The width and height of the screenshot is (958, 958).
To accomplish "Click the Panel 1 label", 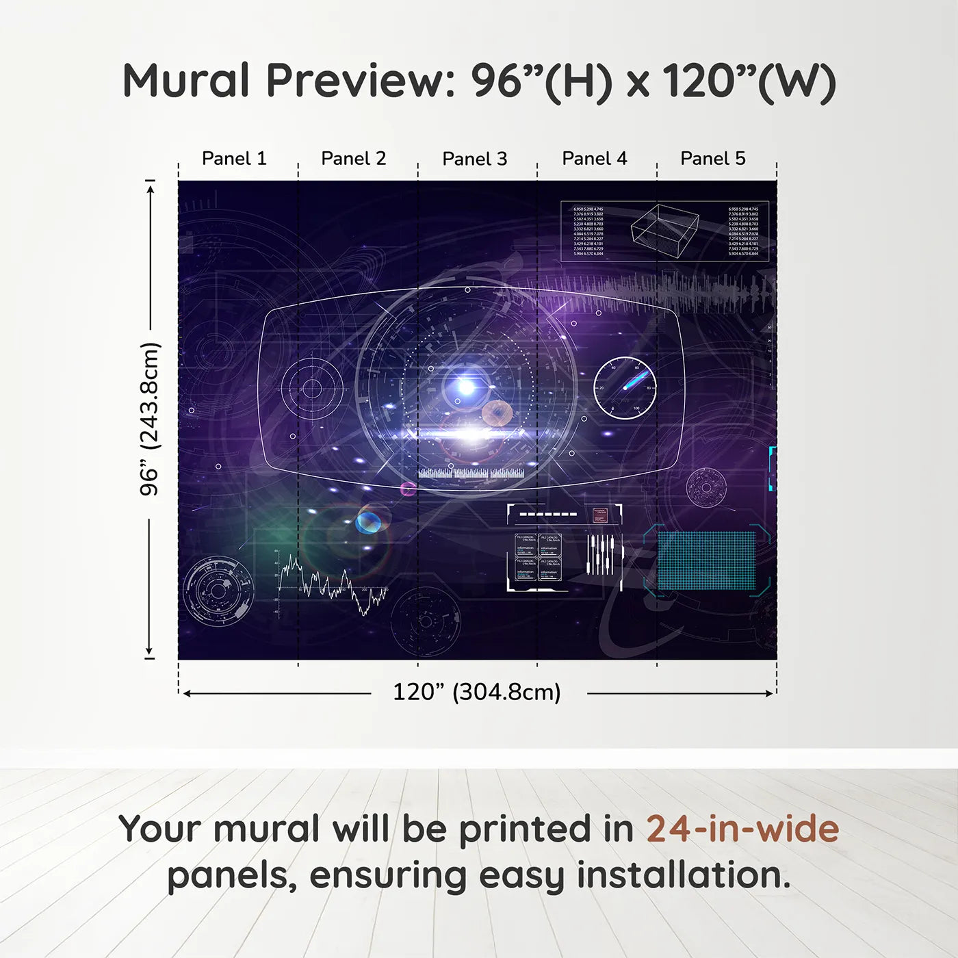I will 234,158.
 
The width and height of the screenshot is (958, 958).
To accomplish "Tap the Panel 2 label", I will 353,158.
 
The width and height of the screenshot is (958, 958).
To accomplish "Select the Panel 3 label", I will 474,159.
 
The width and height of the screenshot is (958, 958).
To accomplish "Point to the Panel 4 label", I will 594,158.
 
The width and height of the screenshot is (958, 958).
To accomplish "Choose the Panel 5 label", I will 712,158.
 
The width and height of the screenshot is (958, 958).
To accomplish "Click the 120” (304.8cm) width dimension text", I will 476,692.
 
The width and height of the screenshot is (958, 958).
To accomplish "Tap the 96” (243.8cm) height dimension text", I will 149,419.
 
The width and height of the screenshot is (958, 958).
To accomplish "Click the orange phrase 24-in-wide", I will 742,829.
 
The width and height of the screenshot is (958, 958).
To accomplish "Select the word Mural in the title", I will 186,81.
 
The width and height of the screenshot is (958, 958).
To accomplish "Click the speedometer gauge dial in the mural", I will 625,387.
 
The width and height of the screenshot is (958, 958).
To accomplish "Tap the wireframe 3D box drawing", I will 664,226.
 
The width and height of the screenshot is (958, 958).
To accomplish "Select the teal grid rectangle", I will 706,560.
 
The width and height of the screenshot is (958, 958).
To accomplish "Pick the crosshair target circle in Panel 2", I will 312,389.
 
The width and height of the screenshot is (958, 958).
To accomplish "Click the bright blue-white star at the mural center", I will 466,387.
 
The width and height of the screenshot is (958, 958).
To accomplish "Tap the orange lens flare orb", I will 497,413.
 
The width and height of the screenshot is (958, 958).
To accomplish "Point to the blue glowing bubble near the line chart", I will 368,522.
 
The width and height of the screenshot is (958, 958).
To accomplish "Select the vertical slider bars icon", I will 600,554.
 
